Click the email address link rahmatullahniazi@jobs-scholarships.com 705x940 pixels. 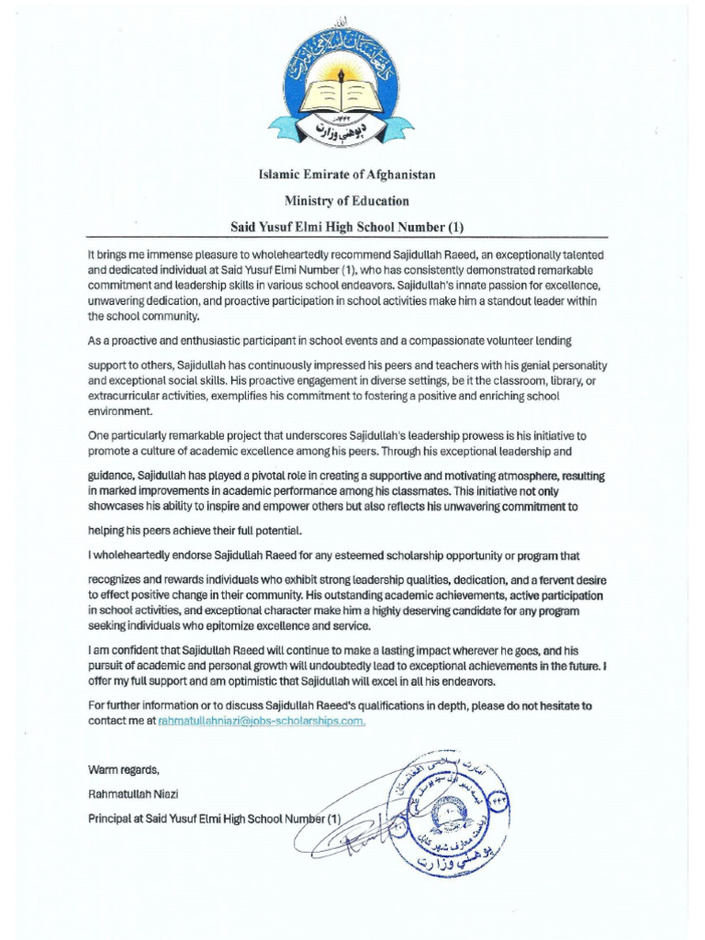pyautogui.click(x=263, y=722)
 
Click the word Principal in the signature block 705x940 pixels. pyautogui.click(x=111, y=817)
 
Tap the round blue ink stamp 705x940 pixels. pyautogui.click(x=444, y=807)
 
